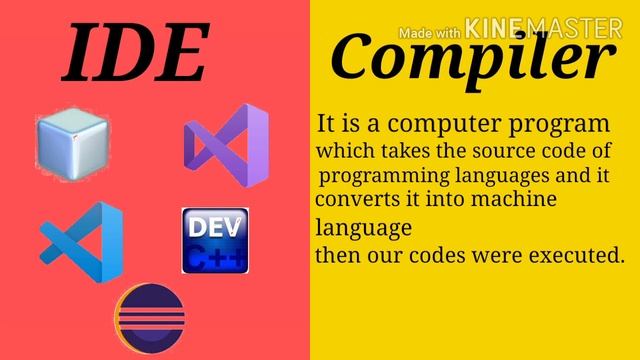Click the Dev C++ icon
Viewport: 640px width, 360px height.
[215, 241]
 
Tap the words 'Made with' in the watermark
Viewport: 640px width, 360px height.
[430, 32]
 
